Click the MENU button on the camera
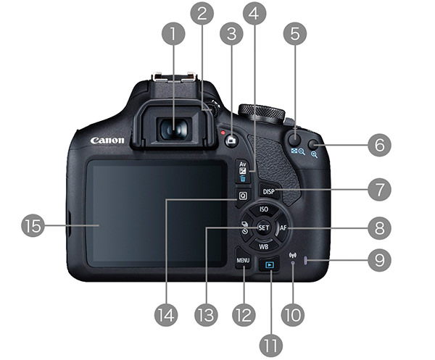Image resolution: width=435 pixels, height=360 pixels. (x=243, y=259)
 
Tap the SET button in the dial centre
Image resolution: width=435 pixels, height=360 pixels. (x=263, y=227)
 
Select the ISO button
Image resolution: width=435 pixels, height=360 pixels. (x=264, y=209)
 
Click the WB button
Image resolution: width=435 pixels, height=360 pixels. (x=264, y=246)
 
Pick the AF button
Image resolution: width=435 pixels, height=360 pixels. (x=283, y=228)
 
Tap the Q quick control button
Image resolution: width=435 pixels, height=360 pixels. (x=243, y=196)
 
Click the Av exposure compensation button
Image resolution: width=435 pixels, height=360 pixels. (x=243, y=171)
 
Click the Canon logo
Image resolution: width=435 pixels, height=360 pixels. (x=107, y=141)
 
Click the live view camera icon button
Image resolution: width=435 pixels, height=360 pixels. (x=231, y=141)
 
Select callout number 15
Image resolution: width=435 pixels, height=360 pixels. (x=33, y=225)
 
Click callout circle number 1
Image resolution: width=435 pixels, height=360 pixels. (x=173, y=34)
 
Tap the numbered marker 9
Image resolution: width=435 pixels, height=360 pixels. (x=379, y=260)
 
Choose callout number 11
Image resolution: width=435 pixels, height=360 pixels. (x=271, y=346)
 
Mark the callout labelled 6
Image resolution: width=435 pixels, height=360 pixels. (x=379, y=145)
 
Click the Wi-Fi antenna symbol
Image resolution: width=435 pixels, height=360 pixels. (x=292, y=255)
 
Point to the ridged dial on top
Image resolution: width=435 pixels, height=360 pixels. (x=261, y=112)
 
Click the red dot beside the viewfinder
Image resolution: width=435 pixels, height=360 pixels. (x=223, y=133)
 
